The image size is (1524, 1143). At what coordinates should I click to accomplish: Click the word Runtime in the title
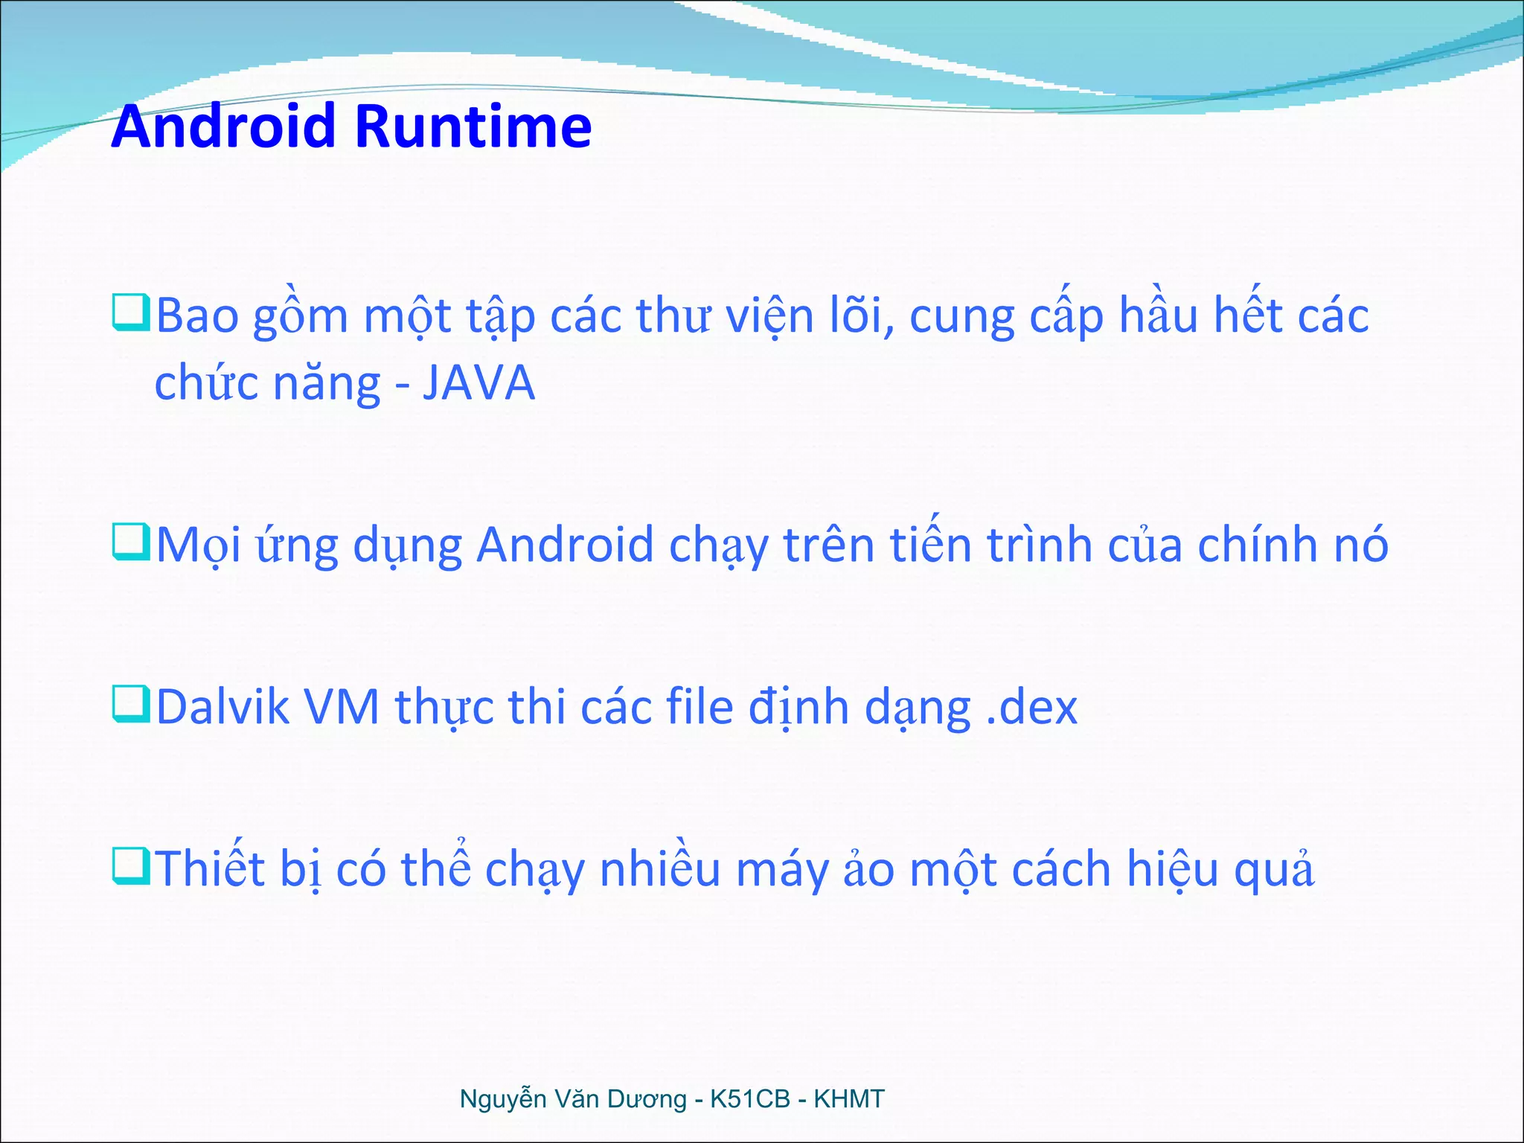(473, 127)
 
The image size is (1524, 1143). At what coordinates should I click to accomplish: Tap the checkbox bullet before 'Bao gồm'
(131, 313)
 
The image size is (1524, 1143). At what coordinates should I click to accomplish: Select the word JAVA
(478, 384)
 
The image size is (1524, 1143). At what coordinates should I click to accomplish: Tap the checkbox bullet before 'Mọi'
(131, 542)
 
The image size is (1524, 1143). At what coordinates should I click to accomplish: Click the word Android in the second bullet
(565, 545)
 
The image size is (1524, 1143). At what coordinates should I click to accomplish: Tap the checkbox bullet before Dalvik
(131, 704)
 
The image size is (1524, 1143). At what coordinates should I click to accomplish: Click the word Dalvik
(222, 707)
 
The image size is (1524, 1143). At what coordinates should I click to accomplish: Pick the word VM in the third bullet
(342, 707)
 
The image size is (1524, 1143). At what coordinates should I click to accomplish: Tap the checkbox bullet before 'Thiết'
(131, 866)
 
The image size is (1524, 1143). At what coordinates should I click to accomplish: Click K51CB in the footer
(749, 1099)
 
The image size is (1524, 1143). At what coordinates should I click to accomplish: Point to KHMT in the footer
(849, 1099)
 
